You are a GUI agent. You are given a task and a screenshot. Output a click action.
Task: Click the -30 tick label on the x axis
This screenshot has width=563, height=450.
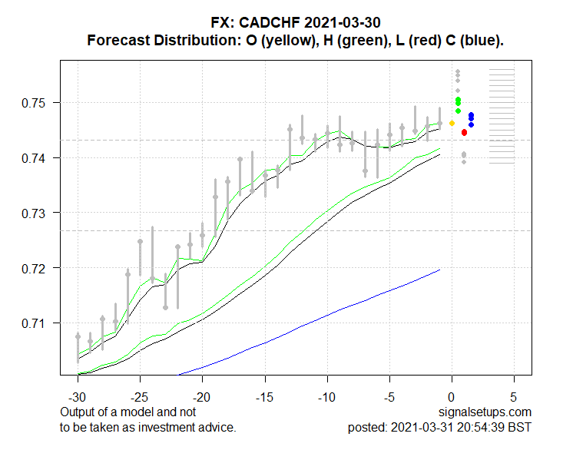click(78, 399)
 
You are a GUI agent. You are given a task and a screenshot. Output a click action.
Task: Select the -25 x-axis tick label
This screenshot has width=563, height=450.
click(140, 399)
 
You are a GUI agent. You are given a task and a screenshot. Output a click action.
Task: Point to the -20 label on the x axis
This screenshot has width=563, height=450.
click(202, 399)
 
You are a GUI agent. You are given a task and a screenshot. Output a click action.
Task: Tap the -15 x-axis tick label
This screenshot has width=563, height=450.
click(264, 399)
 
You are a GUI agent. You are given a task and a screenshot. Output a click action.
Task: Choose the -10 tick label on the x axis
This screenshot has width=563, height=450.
click(326, 399)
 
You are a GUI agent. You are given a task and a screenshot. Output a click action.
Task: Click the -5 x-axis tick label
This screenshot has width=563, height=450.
click(389, 399)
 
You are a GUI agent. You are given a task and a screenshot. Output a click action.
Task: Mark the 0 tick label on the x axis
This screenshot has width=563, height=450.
click(452, 399)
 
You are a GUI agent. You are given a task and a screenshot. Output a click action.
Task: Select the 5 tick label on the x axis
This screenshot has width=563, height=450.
click(514, 399)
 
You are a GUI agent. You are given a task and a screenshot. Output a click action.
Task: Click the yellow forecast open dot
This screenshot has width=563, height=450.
click(452, 123)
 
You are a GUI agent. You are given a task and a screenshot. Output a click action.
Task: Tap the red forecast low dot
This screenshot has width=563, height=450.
click(464, 132)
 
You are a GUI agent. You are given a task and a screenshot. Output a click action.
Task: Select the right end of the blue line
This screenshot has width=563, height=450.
click(439, 270)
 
